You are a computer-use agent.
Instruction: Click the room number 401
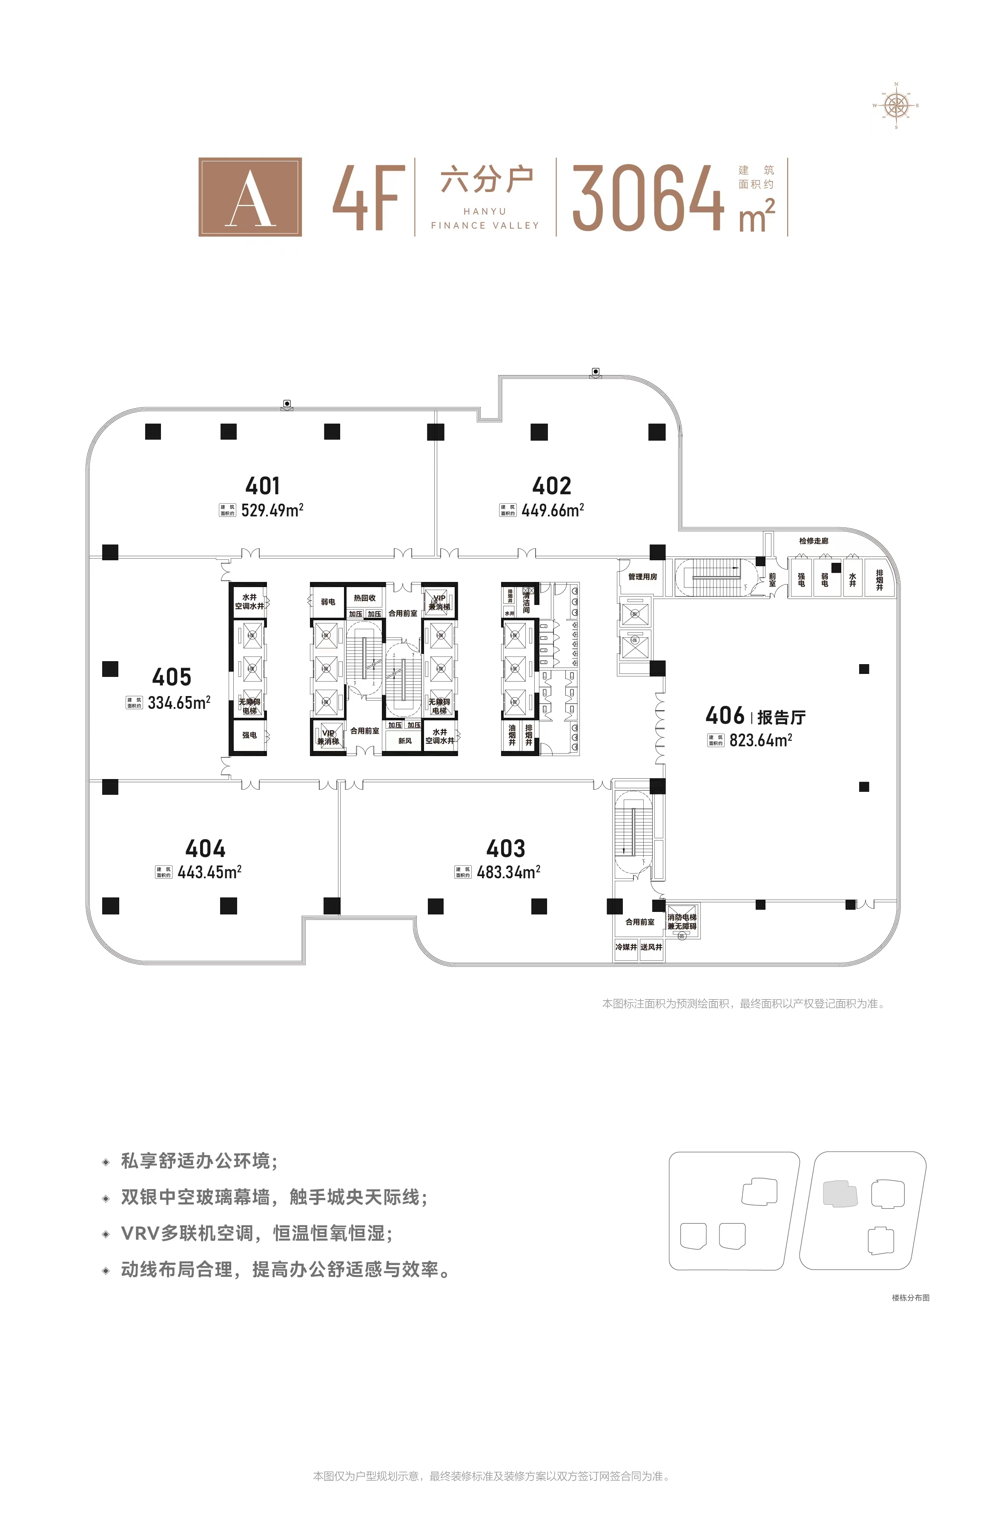click(x=263, y=486)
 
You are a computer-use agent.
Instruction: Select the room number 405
click(x=172, y=676)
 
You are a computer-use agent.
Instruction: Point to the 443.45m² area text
click(x=209, y=872)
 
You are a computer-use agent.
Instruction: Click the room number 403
click(x=506, y=849)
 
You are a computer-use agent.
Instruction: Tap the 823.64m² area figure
click(x=761, y=741)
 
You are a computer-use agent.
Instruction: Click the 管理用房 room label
click(x=642, y=577)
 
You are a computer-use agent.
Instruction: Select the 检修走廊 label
click(x=813, y=541)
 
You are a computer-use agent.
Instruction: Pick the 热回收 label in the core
click(x=364, y=598)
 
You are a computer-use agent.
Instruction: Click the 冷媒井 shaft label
click(x=625, y=947)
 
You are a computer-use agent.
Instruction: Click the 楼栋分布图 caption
click(x=911, y=1298)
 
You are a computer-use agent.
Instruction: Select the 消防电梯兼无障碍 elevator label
click(x=682, y=922)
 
